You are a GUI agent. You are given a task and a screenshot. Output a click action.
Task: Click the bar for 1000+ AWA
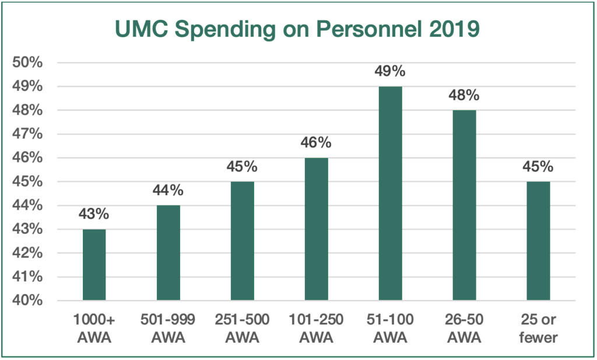94,265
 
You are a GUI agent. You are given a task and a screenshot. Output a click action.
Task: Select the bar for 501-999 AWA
168,253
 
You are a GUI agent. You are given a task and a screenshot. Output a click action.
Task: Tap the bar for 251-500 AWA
242,241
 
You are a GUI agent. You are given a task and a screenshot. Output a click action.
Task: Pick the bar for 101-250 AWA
316,230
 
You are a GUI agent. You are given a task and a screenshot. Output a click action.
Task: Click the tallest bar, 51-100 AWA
390,193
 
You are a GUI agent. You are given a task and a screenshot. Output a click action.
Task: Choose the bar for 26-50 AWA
464,206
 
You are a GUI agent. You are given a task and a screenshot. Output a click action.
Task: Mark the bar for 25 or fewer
538,241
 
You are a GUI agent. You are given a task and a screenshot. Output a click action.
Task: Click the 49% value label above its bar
390,72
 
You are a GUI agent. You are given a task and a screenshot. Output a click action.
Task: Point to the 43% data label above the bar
94,214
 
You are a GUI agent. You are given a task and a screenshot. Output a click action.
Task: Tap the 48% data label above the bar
464,96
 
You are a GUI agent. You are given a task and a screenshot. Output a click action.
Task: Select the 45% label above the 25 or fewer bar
538,167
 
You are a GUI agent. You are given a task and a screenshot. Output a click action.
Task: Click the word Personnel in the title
372,29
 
